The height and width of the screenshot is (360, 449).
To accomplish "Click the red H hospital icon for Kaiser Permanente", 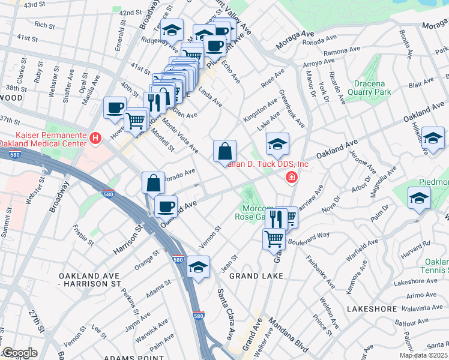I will pos(95,139).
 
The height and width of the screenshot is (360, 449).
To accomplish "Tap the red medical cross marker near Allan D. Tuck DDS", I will pos(291,177).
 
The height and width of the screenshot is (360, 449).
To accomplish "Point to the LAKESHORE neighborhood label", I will pos(372,308).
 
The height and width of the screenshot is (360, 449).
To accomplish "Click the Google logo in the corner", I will pos(20,353).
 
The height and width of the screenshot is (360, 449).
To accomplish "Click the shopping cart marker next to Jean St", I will pos(274,238).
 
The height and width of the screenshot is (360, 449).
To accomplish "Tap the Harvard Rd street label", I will pos(418,245).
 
